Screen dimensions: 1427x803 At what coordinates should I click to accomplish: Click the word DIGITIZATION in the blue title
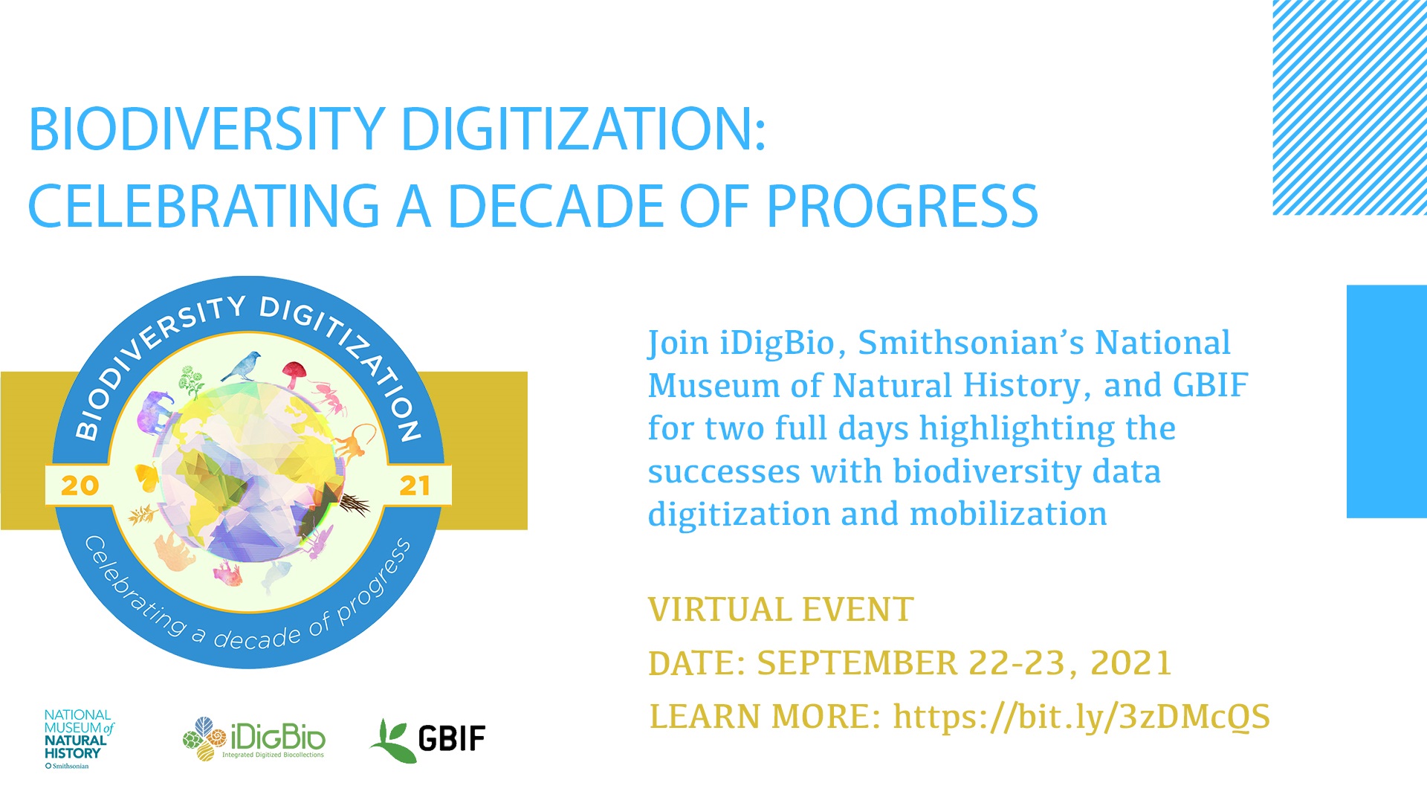click(x=583, y=129)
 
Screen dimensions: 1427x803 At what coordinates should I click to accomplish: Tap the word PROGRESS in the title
click(x=902, y=206)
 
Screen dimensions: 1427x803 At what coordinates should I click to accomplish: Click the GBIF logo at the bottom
click(x=428, y=739)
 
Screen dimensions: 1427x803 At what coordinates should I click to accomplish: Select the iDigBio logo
click(x=254, y=739)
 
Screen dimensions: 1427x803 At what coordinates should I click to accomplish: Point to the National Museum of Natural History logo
click(x=79, y=739)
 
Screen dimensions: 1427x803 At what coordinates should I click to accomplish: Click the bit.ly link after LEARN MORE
click(x=1081, y=717)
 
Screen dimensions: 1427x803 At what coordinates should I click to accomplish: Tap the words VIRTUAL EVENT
click(x=780, y=610)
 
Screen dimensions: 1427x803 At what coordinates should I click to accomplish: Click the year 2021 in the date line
click(x=1130, y=663)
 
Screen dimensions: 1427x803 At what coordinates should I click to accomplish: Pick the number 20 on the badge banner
click(x=80, y=486)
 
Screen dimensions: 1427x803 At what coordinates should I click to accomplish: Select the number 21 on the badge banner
click(x=415, y=486)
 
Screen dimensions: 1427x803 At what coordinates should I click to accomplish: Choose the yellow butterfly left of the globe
click(x=147, y=476)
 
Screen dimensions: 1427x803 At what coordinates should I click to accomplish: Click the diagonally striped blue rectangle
click(x=1350, y=108)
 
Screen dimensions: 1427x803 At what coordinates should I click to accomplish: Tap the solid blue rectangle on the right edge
click(x=1387, y=401)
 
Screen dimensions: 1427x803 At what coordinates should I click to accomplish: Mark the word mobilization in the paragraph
click(x=1008, y=515)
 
